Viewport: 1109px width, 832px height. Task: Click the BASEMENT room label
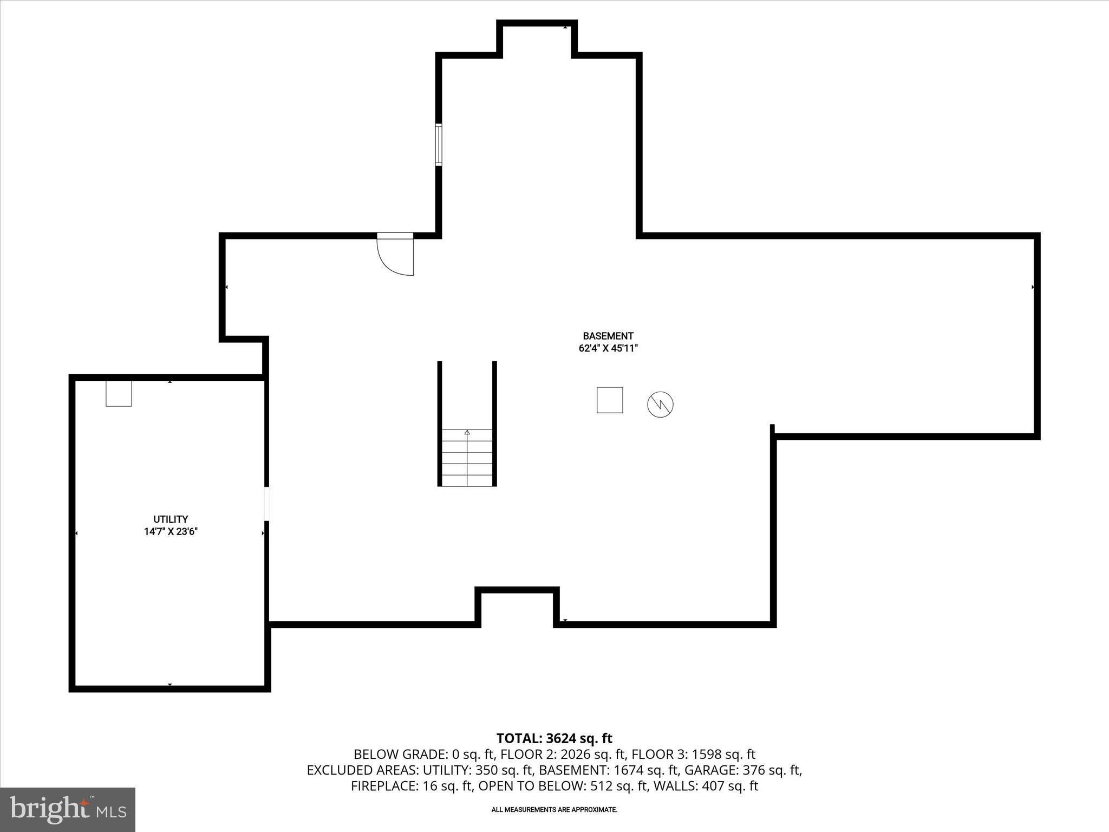(608, 336)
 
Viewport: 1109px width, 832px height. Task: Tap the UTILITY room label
(171, 519)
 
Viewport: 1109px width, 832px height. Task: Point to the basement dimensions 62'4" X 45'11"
(608, 348)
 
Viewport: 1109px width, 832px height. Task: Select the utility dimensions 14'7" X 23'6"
(171, 531)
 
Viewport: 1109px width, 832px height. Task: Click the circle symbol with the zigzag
(660, 404)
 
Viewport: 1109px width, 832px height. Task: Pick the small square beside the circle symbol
(610, 400)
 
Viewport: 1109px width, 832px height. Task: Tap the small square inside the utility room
(119, 394)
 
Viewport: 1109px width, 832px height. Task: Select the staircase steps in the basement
(467, 458)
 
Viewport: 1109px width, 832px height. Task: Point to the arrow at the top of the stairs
(467, 432)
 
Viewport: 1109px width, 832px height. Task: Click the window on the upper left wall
(439, 144)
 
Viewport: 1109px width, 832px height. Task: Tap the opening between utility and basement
(266, 504)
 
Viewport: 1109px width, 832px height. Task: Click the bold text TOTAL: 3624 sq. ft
(554, 738)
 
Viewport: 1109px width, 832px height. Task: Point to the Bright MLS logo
(68, 810)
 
